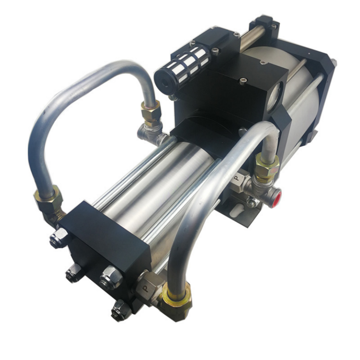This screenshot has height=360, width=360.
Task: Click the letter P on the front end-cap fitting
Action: tap(145, 288)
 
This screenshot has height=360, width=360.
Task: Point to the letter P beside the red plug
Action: tap(237, 178)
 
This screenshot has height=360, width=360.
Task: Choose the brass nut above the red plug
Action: tap(266, 166)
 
